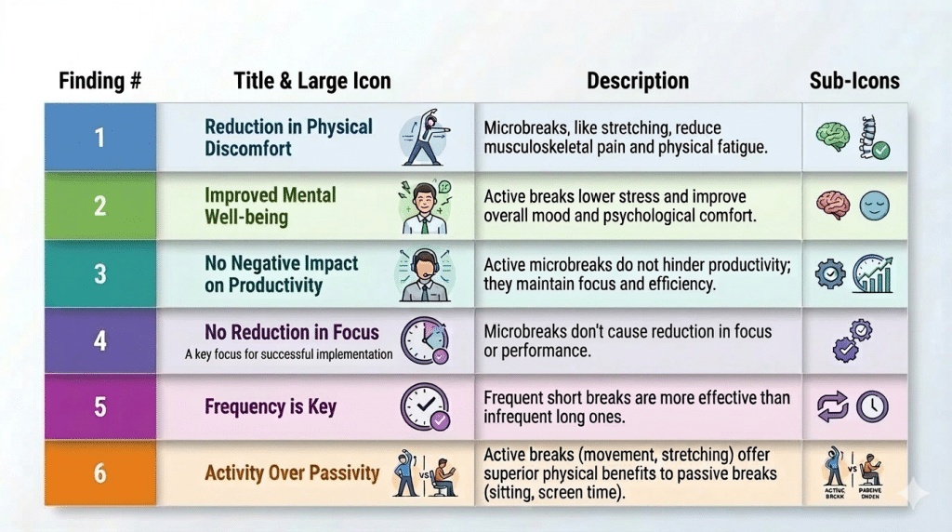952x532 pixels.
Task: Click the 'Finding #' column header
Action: (100, 81)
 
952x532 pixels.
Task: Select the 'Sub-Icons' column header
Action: (854, 81)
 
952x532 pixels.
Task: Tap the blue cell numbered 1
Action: (99, 138)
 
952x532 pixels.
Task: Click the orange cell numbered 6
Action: (99, 473)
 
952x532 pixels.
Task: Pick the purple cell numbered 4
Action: (99, 339)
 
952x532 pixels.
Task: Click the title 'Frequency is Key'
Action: (271, 406)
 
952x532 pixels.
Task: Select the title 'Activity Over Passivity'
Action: (292, 473)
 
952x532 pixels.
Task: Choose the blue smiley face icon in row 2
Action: (874, 206)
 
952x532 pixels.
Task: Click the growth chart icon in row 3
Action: (873, 274)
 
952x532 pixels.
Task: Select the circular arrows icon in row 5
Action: (832, 407)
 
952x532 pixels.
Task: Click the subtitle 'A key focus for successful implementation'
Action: (288, 354)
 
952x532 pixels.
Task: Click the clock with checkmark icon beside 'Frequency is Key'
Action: (425, 406)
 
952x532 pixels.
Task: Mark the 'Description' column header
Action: (638, 81)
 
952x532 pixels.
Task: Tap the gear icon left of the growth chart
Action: (829, 274)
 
